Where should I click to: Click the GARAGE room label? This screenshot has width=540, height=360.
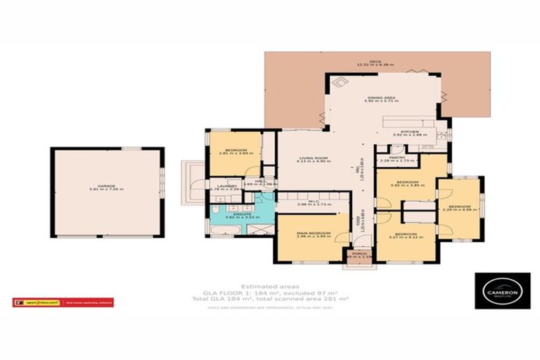click(x=106, y=185)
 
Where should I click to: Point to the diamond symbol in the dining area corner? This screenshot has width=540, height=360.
click(x=341, y=82)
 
